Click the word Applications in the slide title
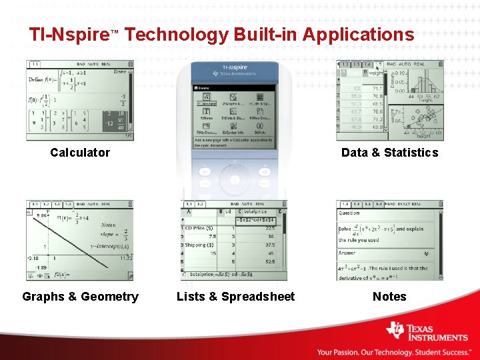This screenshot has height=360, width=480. (x=358, y=35)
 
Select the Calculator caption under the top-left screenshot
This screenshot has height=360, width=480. (x=80, y=153)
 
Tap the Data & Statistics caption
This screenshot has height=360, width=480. (x=389, y=153)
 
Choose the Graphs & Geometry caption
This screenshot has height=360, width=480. (x=80, y=297)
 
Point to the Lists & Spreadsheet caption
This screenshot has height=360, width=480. (x=235, y=297)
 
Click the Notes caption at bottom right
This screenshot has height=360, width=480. (x=389, y=297)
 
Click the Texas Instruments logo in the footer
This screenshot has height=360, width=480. (x=427, y=332)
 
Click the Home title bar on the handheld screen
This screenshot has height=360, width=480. (x=234, y=87)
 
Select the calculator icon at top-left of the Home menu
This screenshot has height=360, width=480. (x=206, y=97)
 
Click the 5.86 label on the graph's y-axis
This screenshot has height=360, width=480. (x=41, y=216)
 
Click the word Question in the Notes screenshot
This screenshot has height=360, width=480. (x=349, y=213)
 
